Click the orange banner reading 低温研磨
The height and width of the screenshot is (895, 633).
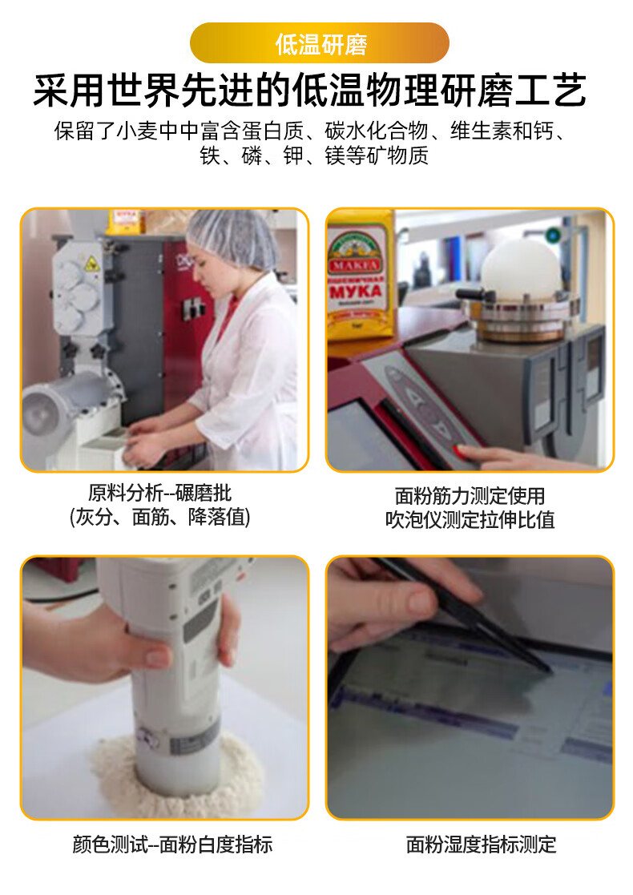point(320,43)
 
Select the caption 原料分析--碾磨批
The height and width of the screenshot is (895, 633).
point(159,493)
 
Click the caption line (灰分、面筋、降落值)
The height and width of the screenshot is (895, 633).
point(159,518)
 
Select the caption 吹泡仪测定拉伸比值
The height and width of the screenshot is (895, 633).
point(470,520)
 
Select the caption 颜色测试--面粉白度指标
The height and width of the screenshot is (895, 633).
point(171,844)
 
